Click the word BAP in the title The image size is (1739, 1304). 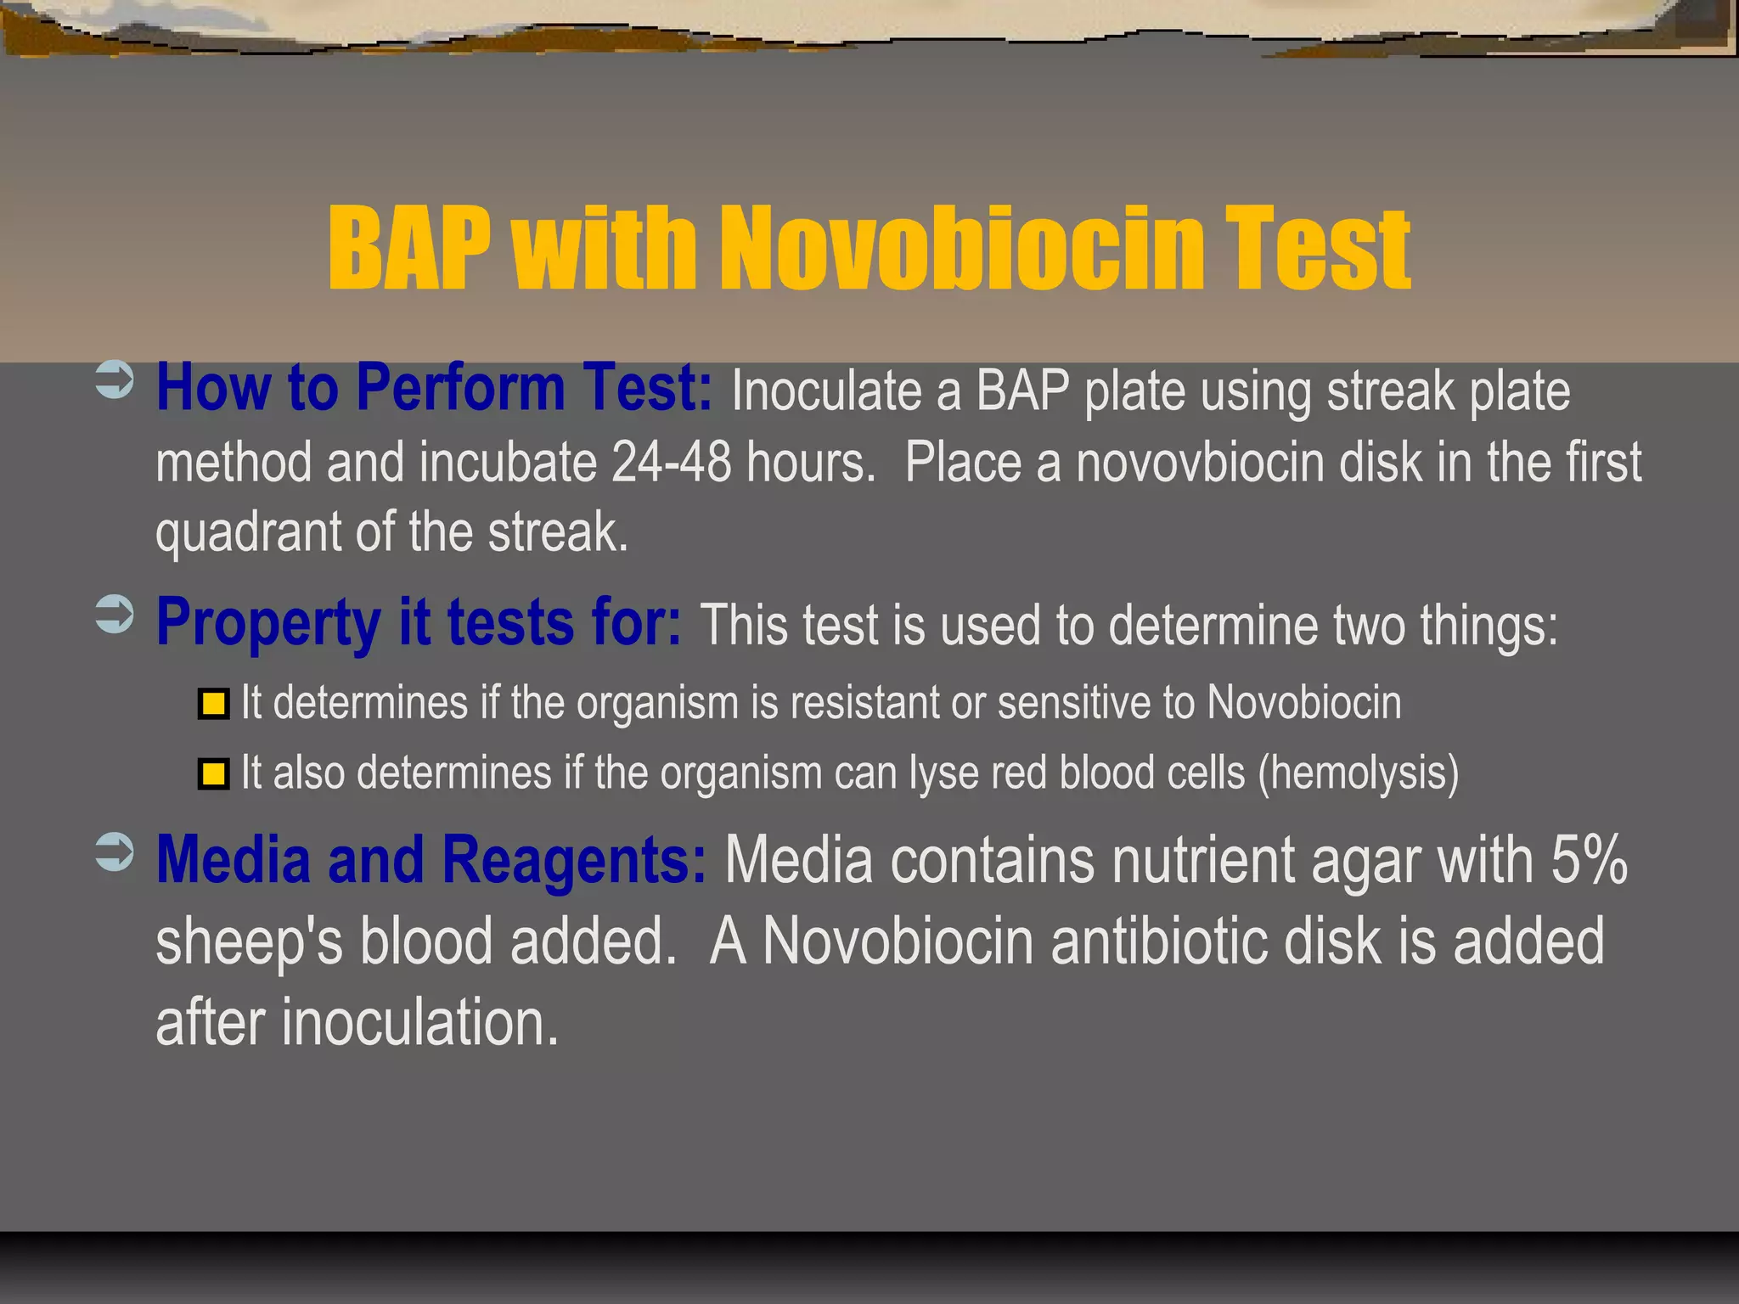point(409,248)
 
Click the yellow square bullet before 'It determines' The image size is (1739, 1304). point(213,704)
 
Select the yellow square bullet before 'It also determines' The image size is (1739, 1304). point(213,773)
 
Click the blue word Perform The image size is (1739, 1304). point(459,388)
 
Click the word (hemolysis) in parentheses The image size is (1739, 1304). point(1358,773)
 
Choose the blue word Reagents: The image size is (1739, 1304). point(574,860)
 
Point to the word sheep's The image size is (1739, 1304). point(249,942)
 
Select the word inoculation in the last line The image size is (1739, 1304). point(419,1022)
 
